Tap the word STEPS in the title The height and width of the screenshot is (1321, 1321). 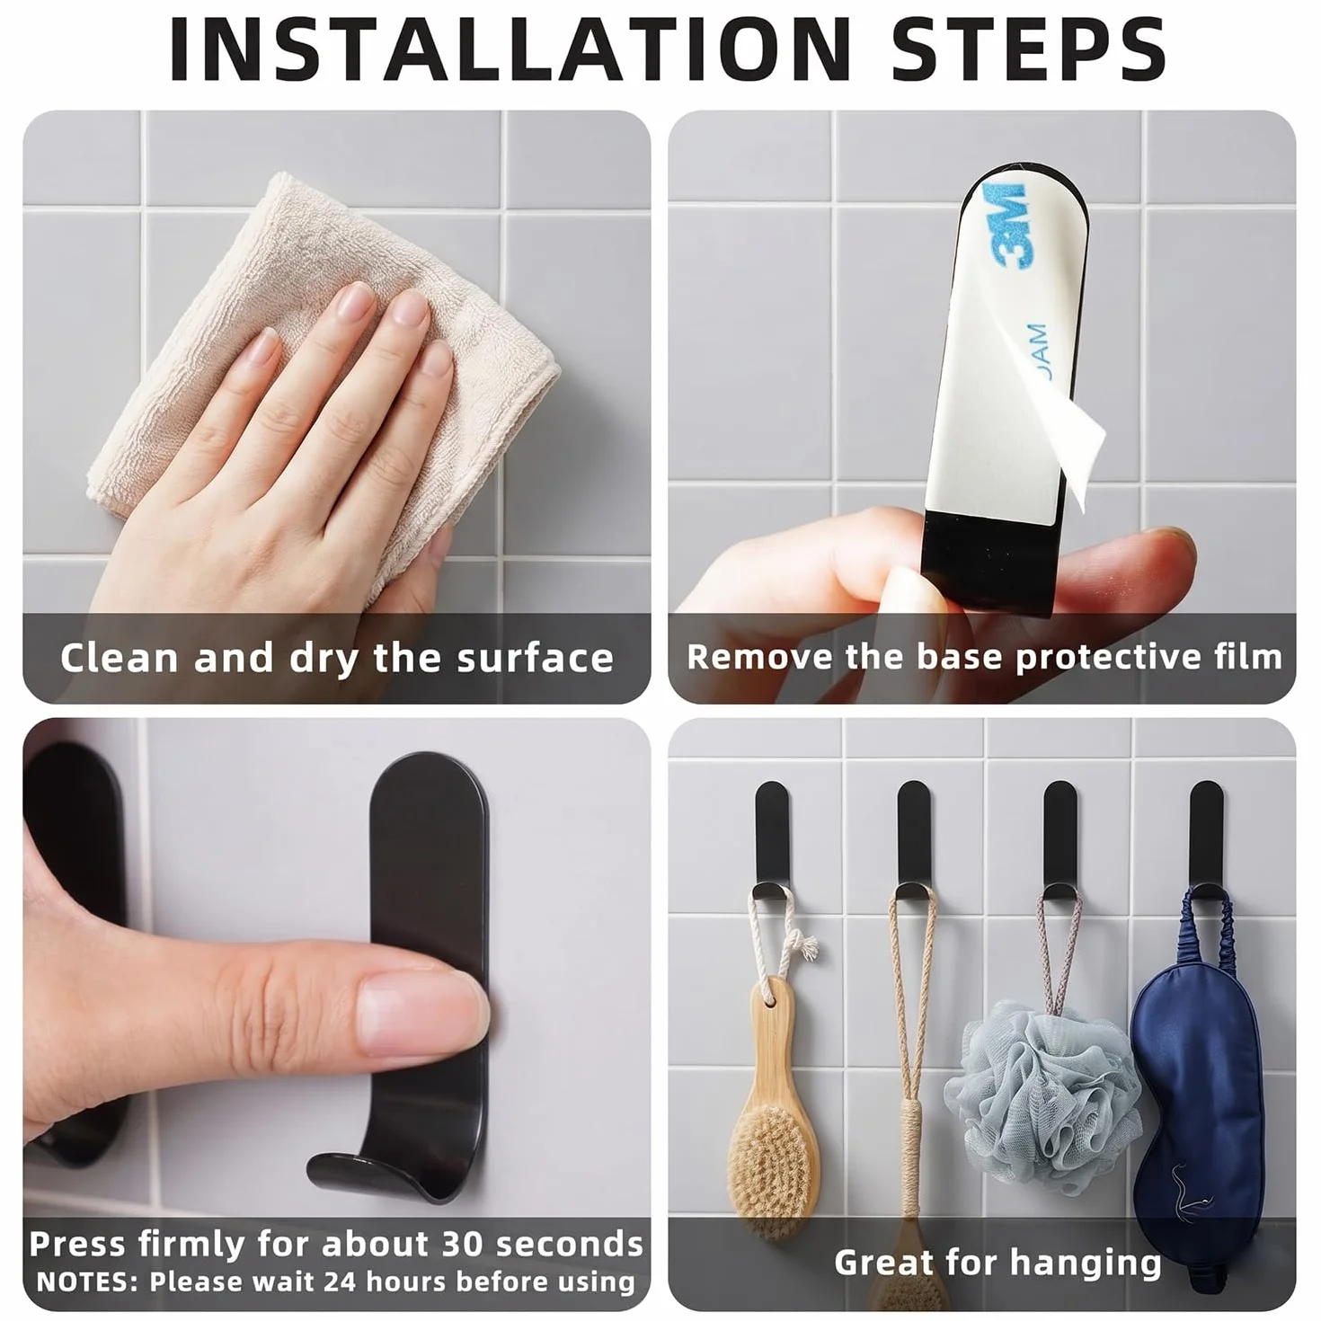click(x=1028, y=50)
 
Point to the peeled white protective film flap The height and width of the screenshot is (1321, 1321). click(x=1067, y=419)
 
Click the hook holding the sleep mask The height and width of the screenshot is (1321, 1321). click(x=1207, y=842)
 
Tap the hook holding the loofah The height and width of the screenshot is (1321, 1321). click(x=1059, y=842)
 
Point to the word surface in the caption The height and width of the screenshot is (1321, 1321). click(x=536, y=658)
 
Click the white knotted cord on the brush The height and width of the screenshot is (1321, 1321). click(x=782, y=939)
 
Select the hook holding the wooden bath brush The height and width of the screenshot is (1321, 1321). click(x=773, y=842)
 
